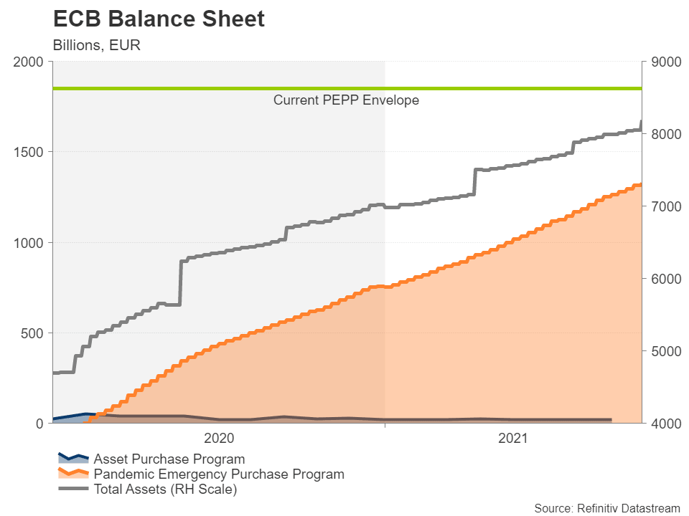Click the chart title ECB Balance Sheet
pos(159,19)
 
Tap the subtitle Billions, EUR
pos(96,44)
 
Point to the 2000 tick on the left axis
pos(30,62)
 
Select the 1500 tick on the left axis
pos(30,153)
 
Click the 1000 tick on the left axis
pos(30,243)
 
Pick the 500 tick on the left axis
pos(34,333)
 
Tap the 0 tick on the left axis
pos(41,424)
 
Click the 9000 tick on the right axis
pos(664,62)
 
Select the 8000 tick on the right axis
pos(664,135)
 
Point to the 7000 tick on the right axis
pos(664,206)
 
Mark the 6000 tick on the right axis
pos(664,279)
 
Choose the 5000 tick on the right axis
pos(664,351)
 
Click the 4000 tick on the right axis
pos(664,424)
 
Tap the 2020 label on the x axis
pos(219,438)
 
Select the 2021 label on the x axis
pos(512,438)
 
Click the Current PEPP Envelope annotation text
pos(346,100)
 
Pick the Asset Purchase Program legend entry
pos(169,459)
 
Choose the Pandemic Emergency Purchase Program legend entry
pos(219,474)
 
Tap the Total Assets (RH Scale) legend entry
pos(165,490)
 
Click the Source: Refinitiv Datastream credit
pos(606,508)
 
